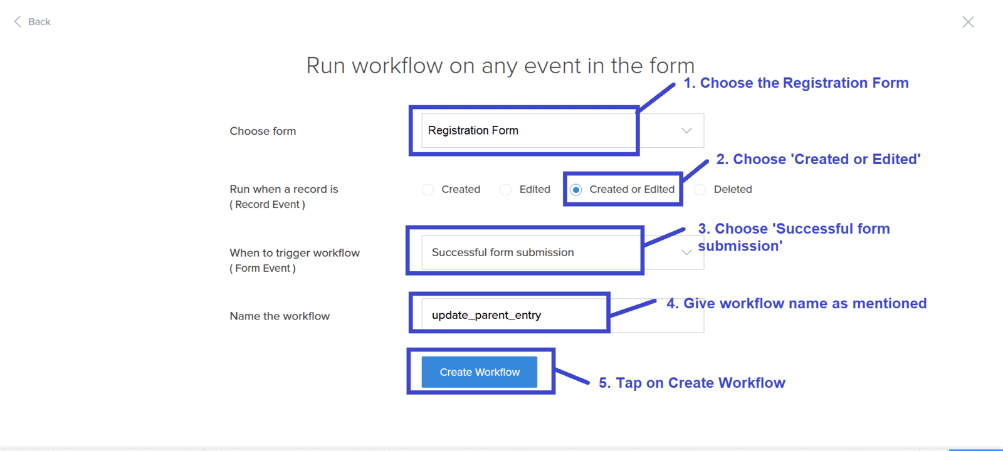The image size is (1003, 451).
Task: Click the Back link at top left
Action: point(32,22)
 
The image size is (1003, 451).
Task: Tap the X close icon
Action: point(968,22)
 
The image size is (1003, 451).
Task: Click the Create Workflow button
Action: point(480,372)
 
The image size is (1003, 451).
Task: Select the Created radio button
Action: point(428,190)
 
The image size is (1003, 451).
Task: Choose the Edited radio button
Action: point(505,190)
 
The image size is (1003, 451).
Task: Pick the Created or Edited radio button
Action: point(576,190)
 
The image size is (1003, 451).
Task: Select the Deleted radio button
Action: point(700,190)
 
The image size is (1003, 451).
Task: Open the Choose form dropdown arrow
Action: point(686,131)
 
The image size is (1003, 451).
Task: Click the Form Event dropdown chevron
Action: point(686,252)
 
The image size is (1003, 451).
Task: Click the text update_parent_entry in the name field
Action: point(486,316)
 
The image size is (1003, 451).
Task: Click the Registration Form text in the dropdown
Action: point(473,130)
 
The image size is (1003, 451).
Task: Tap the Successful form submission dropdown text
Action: point(503,252)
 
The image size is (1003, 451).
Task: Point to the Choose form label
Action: point(263,131)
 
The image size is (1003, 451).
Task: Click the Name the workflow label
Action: point(280,316)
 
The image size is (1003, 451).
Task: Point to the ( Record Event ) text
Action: point(267,204)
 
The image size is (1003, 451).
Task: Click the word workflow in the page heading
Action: point(397,66)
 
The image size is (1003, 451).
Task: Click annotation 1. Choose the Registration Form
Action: point(796,83)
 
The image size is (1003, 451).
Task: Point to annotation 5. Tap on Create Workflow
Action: point(692,383)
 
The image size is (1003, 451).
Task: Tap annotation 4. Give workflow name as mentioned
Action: point(797,303)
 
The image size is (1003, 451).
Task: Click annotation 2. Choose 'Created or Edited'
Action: point(819,159)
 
